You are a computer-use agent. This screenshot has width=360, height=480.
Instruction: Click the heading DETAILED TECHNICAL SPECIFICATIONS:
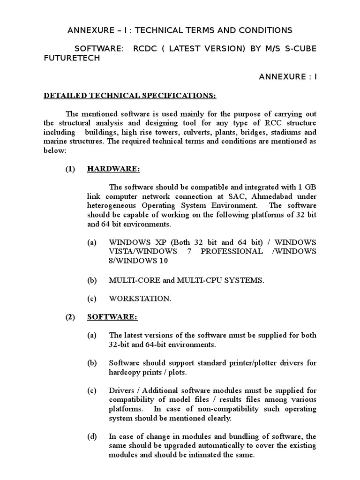(x=130, y=96)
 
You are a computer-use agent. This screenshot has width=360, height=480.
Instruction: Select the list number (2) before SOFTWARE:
(x=70, y=317)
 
